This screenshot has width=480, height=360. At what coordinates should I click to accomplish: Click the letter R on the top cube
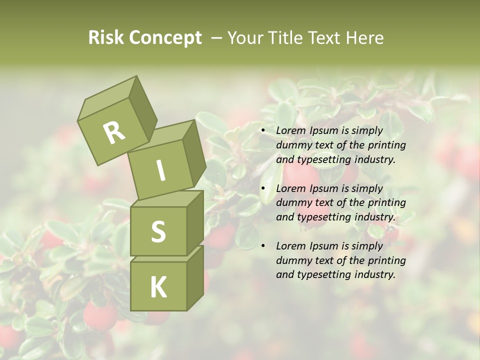pyautogui.click(x=114, y=132)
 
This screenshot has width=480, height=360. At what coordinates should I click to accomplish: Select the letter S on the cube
pyautogui.click(x=158, y=231)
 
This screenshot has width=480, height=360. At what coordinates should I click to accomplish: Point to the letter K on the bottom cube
pyautogui.click(x=158, y=287)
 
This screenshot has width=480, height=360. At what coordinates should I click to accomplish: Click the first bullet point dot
pyautogui.click(x=263, y=131)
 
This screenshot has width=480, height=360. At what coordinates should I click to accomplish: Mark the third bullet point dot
pyautogui.click(x=263, y=246)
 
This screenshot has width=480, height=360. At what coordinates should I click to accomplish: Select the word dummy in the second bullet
pyautogui.click(x=292, y=203)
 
